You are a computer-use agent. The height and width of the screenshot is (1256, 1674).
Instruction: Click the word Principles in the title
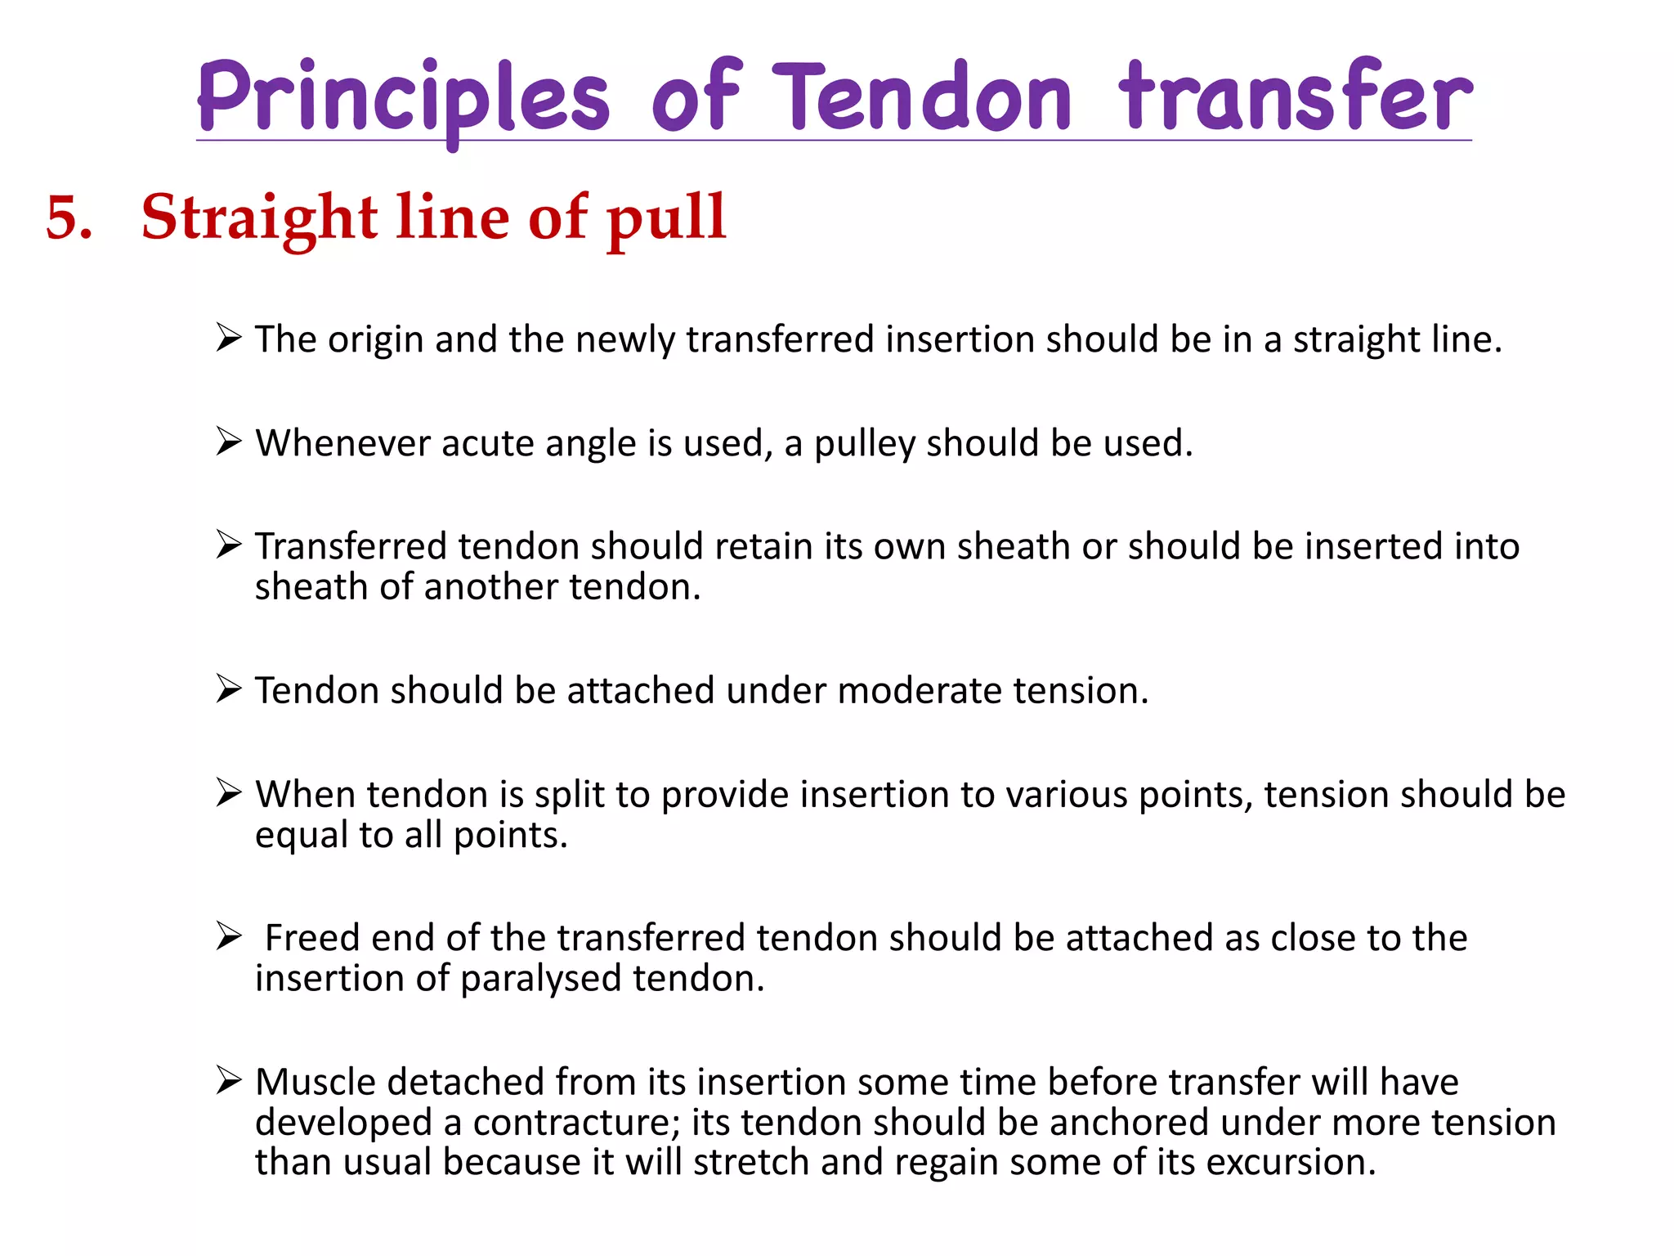403,98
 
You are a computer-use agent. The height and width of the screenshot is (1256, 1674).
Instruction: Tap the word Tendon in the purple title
922,98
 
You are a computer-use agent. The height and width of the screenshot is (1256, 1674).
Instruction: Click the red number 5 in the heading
69,218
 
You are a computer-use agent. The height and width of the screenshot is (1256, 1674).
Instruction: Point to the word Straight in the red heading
258,218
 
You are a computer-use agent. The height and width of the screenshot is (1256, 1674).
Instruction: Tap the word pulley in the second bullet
864,443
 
